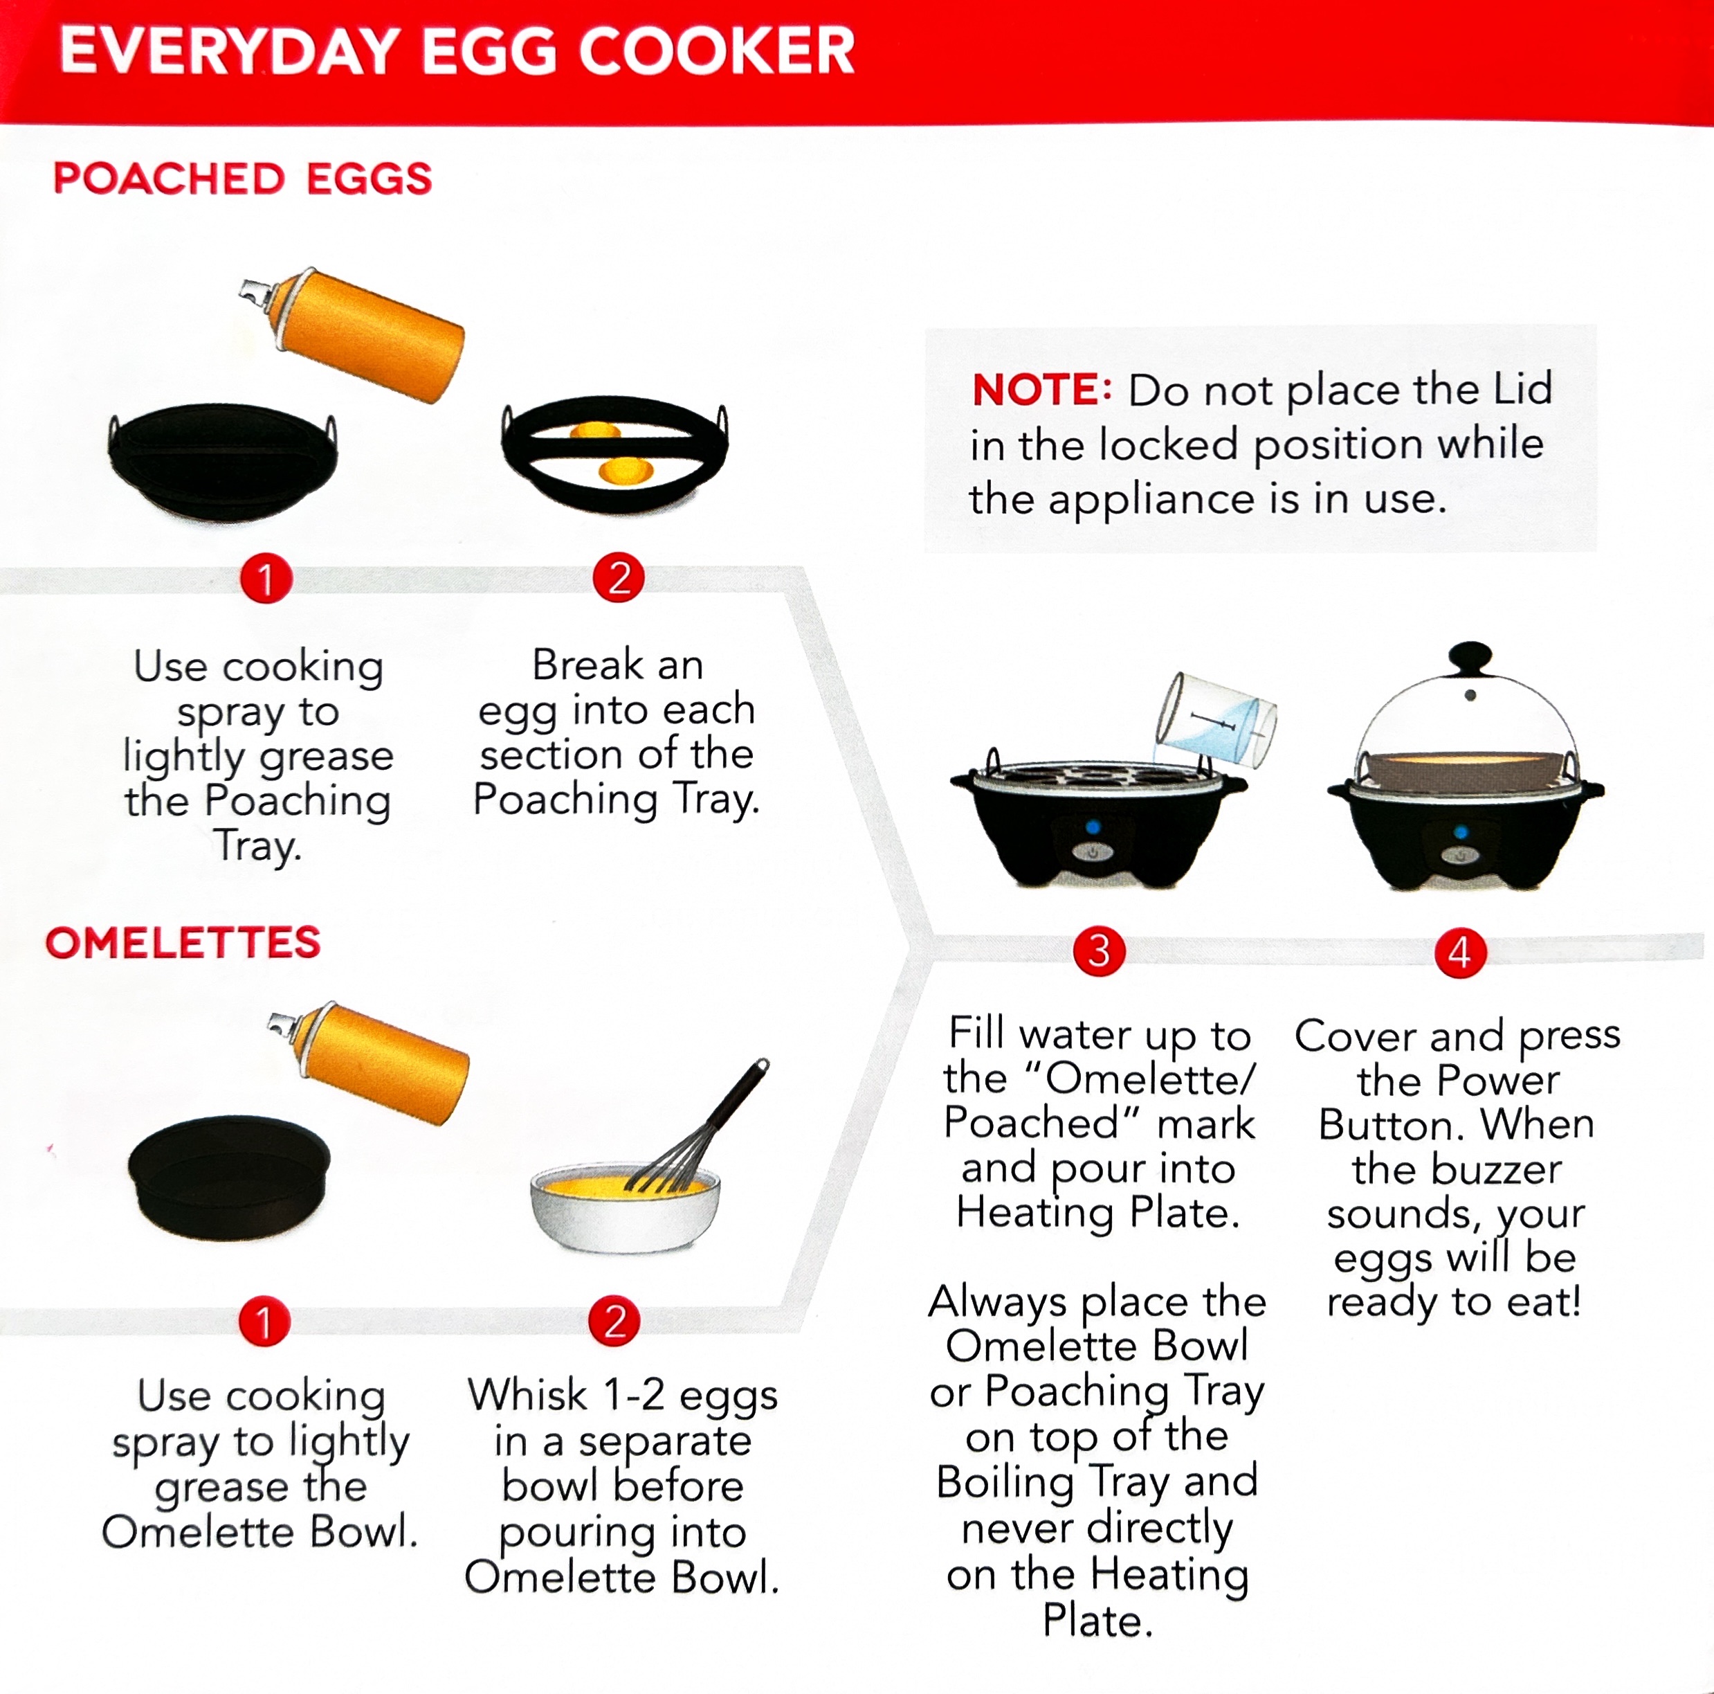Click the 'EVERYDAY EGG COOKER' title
(x=457, y=51)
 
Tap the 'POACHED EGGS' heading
(x=242, y=179)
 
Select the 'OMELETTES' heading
(x=183, y=942)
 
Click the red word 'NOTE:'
(x=1041, y=390)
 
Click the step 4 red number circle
(x=1459, y=953)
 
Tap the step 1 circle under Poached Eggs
(x=265, y=579)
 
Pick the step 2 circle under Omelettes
(x=614, y=1322)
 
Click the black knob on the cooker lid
(x=1470, y=658)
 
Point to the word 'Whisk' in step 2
(x=527, y=1394)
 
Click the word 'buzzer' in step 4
(x=1457, y=1169)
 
